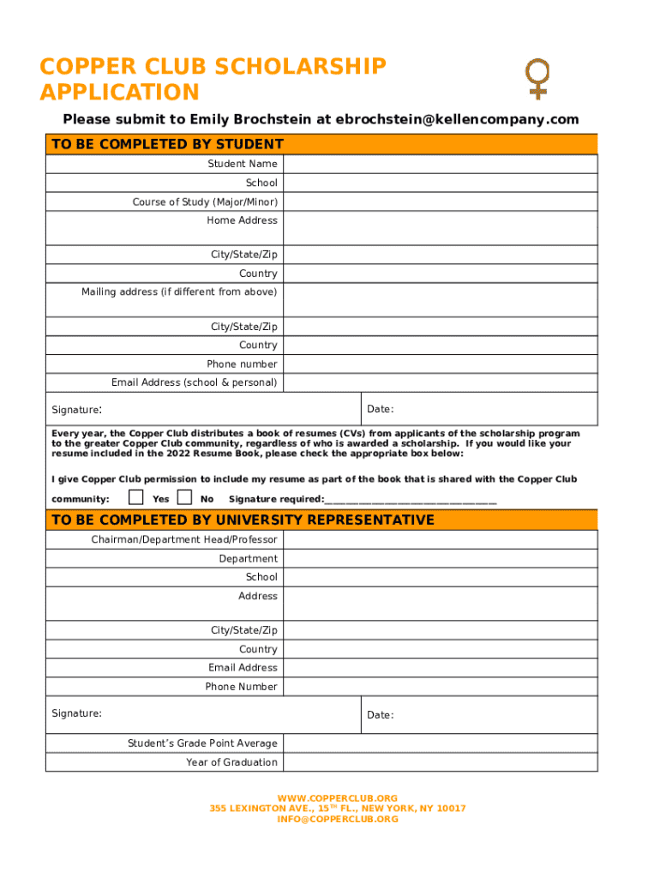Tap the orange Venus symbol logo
point(537,79)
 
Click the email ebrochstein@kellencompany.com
point(457,119)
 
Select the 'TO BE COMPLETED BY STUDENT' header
point(167,144)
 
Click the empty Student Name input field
point(440,164)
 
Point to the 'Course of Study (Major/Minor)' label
point(205,202)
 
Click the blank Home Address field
point(440,228)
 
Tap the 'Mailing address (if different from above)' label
point(179,292)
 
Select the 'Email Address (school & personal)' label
point(195,382)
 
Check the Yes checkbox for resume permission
point(135,497)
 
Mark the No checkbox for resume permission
point(184,497)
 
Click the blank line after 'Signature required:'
point(411,500)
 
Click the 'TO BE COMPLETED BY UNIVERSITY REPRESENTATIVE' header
point(243,520)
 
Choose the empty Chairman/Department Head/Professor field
point(440,539)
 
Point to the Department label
point(248,558)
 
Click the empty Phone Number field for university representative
point(440,687)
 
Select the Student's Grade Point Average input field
point(440,743)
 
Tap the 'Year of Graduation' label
point(231,762)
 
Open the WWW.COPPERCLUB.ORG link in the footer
point(338,798)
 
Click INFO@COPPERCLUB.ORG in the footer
point(338,819)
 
